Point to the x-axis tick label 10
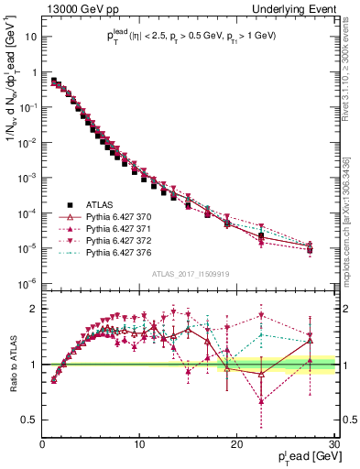[139, 443]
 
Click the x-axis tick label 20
[236, 443]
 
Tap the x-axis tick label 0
[43, 443]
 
